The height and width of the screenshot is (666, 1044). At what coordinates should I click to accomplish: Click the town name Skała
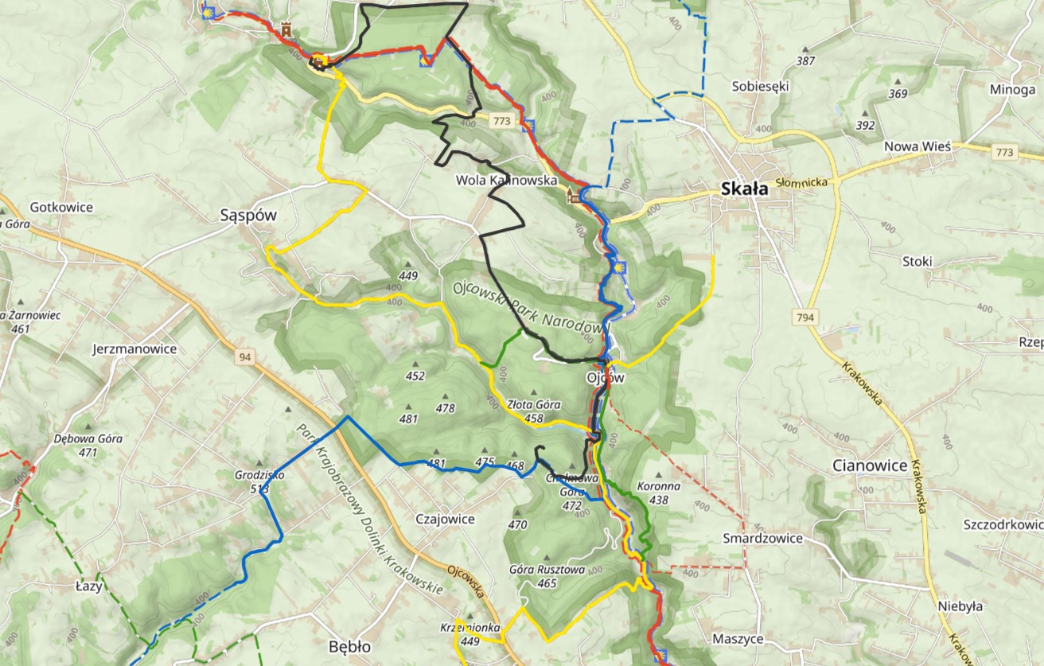point(744,189)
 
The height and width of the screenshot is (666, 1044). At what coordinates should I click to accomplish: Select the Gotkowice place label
point(61,208)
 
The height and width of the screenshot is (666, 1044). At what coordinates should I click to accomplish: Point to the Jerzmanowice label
point(134,349)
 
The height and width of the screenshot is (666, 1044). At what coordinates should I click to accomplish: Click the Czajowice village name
point(445,520)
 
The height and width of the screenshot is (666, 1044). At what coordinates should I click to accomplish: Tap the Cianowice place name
point(870,465)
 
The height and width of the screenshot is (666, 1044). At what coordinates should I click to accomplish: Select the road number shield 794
point(805,317)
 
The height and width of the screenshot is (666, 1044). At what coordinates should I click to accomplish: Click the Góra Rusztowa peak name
point(547,571)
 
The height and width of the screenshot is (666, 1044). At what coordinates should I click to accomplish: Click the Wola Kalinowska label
point(505,181)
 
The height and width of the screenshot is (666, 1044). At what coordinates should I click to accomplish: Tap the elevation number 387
point(805,61)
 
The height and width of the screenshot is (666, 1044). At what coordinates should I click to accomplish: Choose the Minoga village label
point(1012,89)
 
